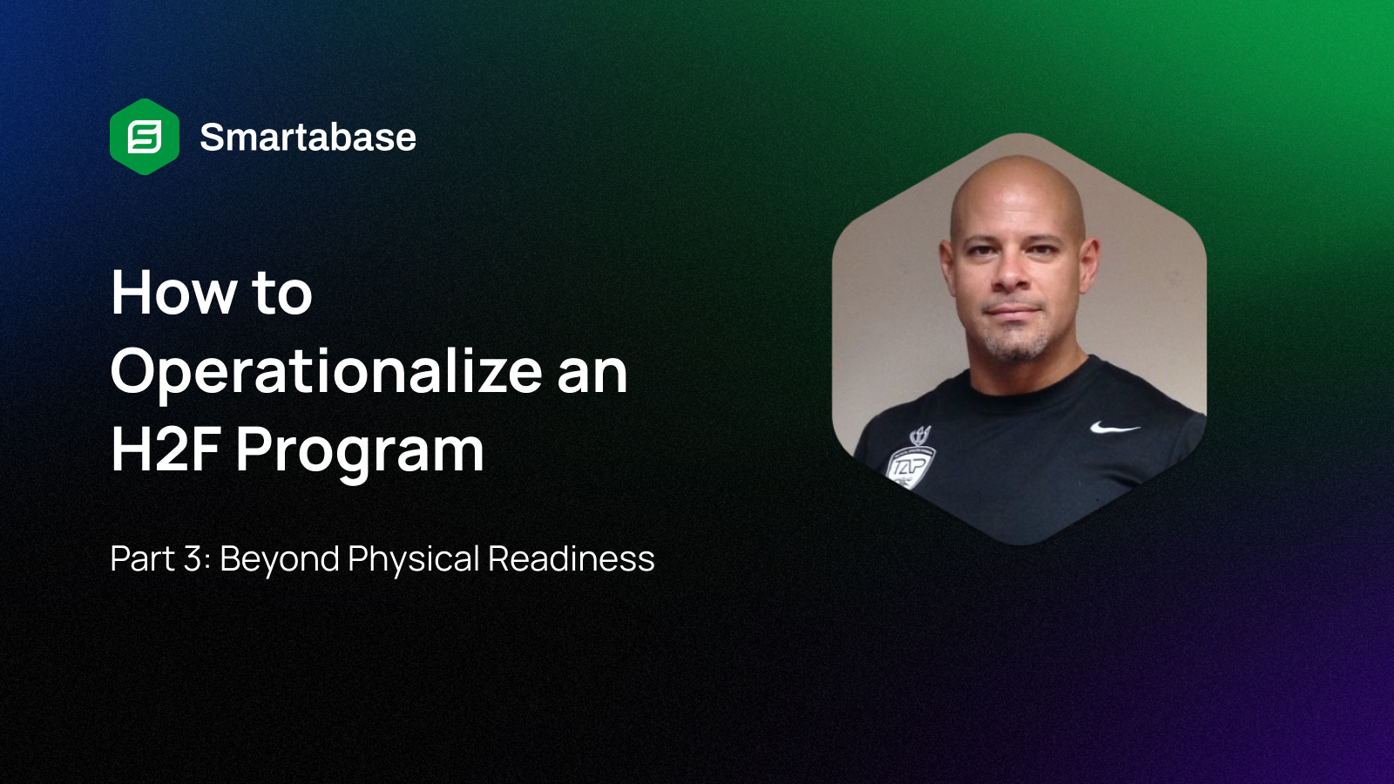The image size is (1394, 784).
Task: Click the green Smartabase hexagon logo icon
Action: pyautogui.click(x=145, y=137)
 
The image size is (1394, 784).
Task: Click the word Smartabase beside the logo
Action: pyautogui.click(x=308, y=138)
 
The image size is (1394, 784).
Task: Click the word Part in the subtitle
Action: pyautogui.click(x=142, y=559)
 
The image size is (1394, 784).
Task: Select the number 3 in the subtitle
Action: pyautogui.click(x=193, y=559)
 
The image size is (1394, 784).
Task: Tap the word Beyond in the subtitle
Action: pyautogui.click(x=279, y=559)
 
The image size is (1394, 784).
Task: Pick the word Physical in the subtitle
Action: pyautogui.click(x=413, y=559)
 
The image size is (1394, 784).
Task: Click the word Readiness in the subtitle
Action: pyautogui.click(x=571, y=559)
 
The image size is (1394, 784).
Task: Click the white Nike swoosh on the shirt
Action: pyautogui.click(x=1114, y=428)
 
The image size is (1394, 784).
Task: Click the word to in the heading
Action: pyautogui.click(x=281, y=293)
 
